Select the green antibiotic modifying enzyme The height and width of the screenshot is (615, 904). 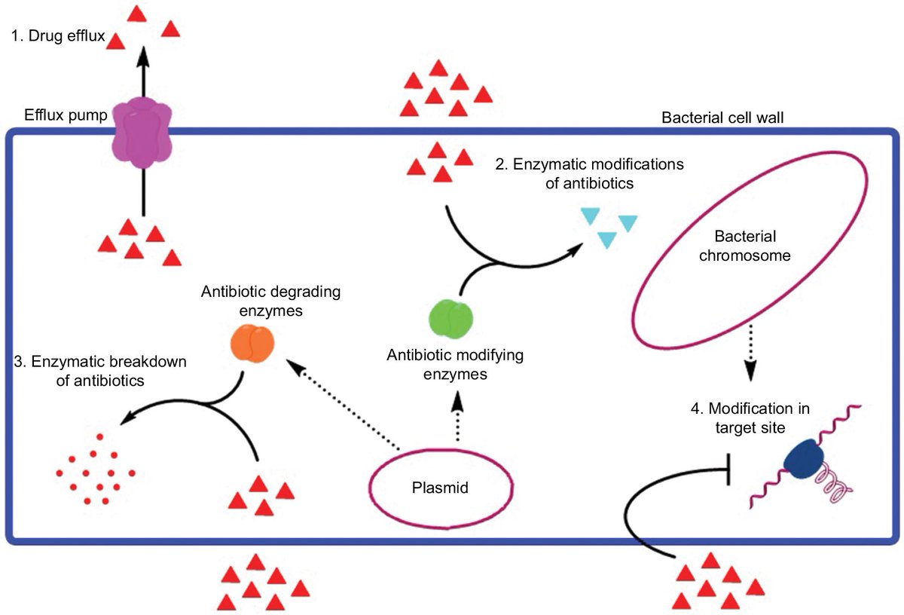pyautogui.click(x=450, y=317)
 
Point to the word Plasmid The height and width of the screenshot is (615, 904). pyautogui.click(x=441, y=488)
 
